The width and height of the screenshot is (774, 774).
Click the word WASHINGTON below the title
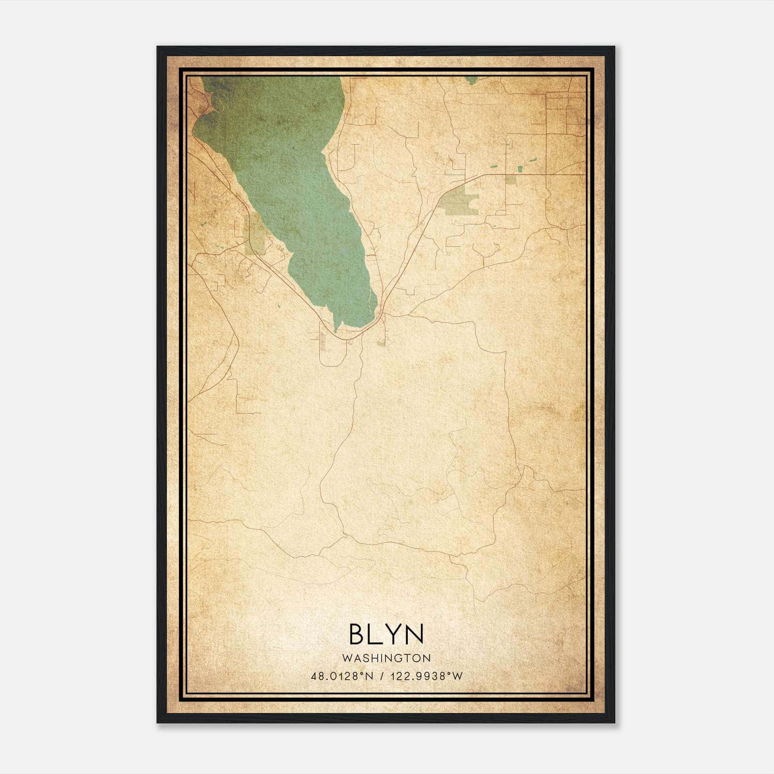pos(387,658)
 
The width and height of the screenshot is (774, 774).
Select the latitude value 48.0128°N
pos(342,676)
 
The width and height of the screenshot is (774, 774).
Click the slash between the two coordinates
pos(383,676)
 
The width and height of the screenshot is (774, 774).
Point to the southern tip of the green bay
pos(336,330)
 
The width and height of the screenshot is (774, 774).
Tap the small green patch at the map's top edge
pos(471,80)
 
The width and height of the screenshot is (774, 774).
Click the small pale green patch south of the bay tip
pos(382,343)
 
